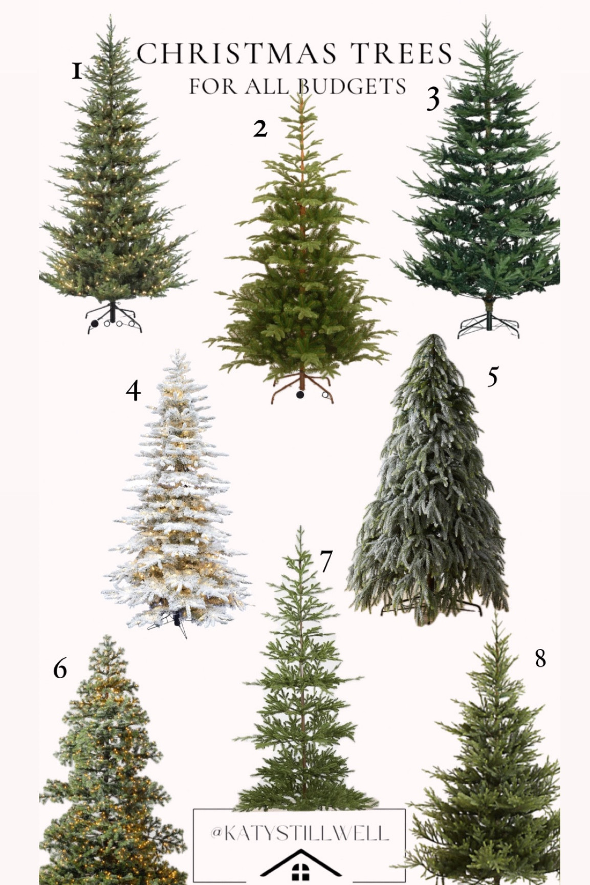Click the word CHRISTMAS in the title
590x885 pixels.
(x=236, y=54)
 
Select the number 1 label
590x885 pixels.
(x=77, y=72)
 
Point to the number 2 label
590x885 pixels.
(x=260, y=129)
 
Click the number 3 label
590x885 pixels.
(x=433, y=99)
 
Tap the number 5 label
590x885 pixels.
(x=492, y=377)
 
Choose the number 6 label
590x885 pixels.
(x=60, y=668)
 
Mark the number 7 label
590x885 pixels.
(x=326, y=562)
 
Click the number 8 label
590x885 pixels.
(x=540, y=658)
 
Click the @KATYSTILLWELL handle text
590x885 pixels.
(x=299, y=833)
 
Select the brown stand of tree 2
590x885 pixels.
(x=302, y=386)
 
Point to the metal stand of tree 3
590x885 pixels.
(x=489, y=322)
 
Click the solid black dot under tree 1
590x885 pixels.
(x=95, y=323)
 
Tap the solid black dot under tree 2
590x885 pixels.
(x=300, y=394)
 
